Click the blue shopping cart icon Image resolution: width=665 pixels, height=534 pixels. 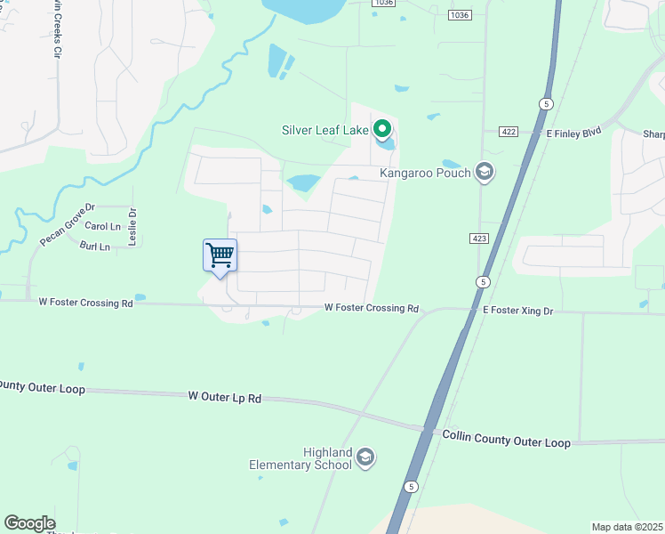[220, 255]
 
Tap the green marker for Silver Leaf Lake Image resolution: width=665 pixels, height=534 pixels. [382, 130]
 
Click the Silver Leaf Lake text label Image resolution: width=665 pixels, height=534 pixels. [324, 130]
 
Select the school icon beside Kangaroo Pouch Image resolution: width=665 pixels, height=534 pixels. [485, 172]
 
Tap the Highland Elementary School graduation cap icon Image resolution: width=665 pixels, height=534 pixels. [365, 458]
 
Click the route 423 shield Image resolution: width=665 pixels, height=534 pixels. [478, 239]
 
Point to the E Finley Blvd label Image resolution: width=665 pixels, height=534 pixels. [573, 133]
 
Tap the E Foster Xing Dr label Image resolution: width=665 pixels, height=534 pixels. [517, 311]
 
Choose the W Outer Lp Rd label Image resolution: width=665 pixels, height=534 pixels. [225, 397]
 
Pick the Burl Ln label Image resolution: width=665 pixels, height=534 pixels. [94, 246]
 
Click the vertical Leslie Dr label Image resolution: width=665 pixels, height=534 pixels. [132, 227]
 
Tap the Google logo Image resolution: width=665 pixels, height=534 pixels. [29, 523]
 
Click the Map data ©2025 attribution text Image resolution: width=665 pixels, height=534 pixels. [628, 527]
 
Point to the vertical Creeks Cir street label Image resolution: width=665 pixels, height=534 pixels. [56, 30]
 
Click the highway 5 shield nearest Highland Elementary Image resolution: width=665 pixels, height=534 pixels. [410, 487]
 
